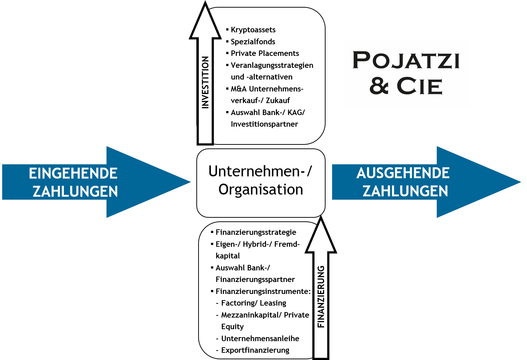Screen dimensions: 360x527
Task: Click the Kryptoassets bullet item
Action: tap(253, 30)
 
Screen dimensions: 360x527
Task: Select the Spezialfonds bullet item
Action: tap(253, 42)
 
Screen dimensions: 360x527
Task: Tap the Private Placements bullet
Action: tap(265, 53)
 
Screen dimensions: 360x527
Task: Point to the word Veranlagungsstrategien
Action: tap(272, 65)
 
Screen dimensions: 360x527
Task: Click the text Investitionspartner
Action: tap(264, 124)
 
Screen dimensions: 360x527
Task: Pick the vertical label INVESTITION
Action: tap(205, 82)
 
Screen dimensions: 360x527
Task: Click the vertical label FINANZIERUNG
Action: tap(321, 297)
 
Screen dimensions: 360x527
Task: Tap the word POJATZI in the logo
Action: tap(406, 60)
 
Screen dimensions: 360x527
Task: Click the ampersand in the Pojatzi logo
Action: tap(379, 86)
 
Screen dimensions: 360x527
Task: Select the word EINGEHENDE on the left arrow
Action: tap(73, 173)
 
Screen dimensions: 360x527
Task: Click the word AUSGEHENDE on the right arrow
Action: tap(403, 173)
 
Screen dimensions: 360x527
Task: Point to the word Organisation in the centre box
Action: tap(261, 189)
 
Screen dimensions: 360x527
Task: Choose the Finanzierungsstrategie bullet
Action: tap(256, 232)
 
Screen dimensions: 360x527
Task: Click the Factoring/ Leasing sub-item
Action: tap(253, 303)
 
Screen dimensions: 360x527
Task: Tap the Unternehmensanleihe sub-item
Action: tap(260, 339)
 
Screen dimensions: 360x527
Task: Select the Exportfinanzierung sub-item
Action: tap(255, 350)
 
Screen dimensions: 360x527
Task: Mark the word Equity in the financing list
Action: tap(232, 327)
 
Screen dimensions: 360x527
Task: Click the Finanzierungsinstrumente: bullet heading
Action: tap(263, 291)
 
